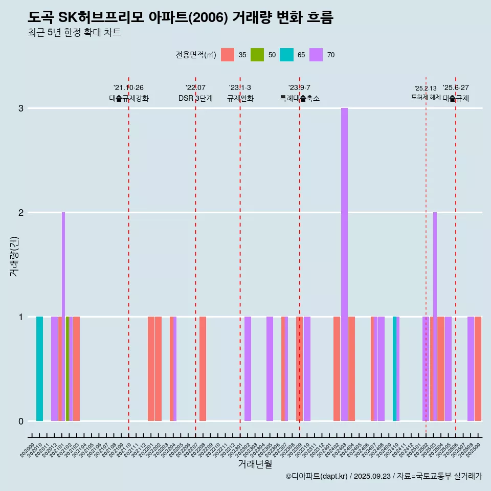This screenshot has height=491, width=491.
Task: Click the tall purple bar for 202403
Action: (x=344, y=264)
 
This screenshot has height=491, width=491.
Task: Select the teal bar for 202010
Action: (x=39, y=369)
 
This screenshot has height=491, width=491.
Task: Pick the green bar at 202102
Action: (x=68, y=369)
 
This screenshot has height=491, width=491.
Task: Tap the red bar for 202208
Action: (x=203, y=369)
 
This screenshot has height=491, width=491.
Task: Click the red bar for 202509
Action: (x=478, y=369)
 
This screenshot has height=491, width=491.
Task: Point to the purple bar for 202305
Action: (x=270, y=369)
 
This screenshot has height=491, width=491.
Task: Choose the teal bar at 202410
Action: (x=394, y=369)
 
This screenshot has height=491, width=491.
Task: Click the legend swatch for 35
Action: (x=228, y=55)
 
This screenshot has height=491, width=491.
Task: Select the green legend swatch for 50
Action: (x=257, y=55)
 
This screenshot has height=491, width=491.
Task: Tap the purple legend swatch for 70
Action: (x=316, y=55)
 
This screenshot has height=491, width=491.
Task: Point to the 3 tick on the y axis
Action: (x=21, y=108)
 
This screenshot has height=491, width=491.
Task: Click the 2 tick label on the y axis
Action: (x=21, y=213)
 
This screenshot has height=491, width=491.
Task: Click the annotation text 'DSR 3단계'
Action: (x=195, y=98)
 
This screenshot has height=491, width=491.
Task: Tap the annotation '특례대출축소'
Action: (x=300, y=98)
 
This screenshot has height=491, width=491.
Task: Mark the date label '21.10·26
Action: (x=128, y=87)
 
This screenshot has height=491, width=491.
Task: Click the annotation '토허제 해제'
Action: (x=426, y=97)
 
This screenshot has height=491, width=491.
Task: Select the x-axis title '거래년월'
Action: (x=255, y=464)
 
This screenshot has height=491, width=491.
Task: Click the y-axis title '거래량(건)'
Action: (x=14, y=256)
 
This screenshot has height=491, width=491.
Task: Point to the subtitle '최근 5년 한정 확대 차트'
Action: (x=75, y=33)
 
